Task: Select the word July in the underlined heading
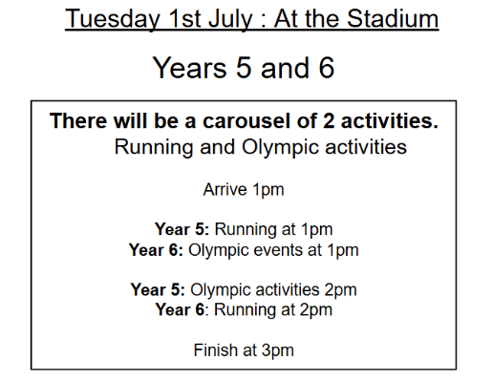point(230,19)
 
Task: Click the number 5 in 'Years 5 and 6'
point(244,68)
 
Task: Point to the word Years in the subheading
point(190,68)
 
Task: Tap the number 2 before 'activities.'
point(329,121)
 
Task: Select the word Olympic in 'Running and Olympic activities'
point(280,147)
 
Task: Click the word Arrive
point(225,189)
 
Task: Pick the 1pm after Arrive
point(268,190)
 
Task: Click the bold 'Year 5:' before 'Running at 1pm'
point(182,229)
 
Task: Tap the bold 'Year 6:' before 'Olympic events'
point(156,250)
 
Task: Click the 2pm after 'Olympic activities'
point(340,290)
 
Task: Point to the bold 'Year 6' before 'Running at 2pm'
point(180,309)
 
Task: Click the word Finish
point(216,350)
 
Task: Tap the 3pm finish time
point(278,350)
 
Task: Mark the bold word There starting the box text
point(78,121)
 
